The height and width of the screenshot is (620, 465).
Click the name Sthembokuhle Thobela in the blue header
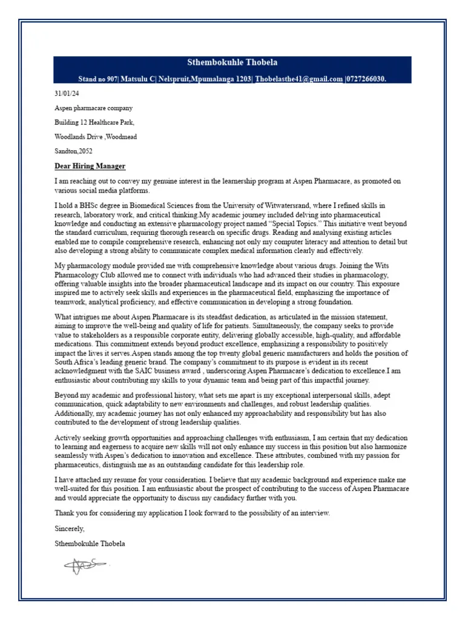pyautogui.click(x=232, y=62)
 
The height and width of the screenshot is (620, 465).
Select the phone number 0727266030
pyautogui.click(x=366, y=79)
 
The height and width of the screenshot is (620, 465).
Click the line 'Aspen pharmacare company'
pyautogui.click(x=93, y=108)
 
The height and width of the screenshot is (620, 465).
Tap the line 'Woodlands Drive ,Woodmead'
pyautogui.click(x=96, y=137)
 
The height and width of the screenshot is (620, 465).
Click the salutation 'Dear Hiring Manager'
pyautogui.click(x=90, y=167)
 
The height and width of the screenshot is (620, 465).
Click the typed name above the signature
pyautogui.click(x=90, y=544)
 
